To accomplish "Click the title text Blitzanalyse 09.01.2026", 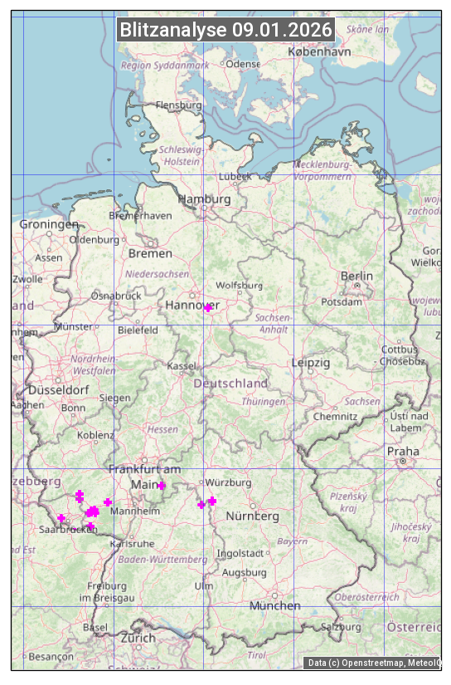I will [x=225, y=30].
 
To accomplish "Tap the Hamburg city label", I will [x=204, y=199].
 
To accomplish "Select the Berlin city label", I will [x=356, y=276].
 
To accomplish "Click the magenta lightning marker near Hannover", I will [x=208, y=308].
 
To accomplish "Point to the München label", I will [x=275, y=606].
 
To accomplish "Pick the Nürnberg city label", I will [x=252, y=516].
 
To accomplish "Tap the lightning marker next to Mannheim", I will [x=108, y=502].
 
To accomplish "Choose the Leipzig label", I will [x=311, y=363].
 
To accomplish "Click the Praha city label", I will [x=402, y=452].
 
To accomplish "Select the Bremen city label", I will [x=150, y=253].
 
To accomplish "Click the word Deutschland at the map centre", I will [x=230, y=384].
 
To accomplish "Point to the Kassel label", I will [x=181, y=366].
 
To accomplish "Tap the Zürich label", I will [x=138, y=638].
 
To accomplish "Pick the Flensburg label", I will [x=179, y=105].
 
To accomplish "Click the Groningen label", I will [x=49, y=224].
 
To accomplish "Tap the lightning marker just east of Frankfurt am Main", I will [x=162, y=486].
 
